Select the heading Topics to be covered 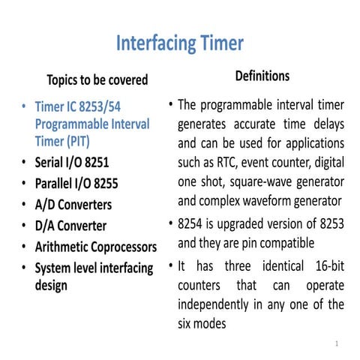click(97, 79)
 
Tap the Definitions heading click(262, 76)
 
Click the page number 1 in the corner click(338, 343)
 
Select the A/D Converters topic click(73, 204)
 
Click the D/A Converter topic click(70, 225)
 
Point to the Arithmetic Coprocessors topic click(96, 247)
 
